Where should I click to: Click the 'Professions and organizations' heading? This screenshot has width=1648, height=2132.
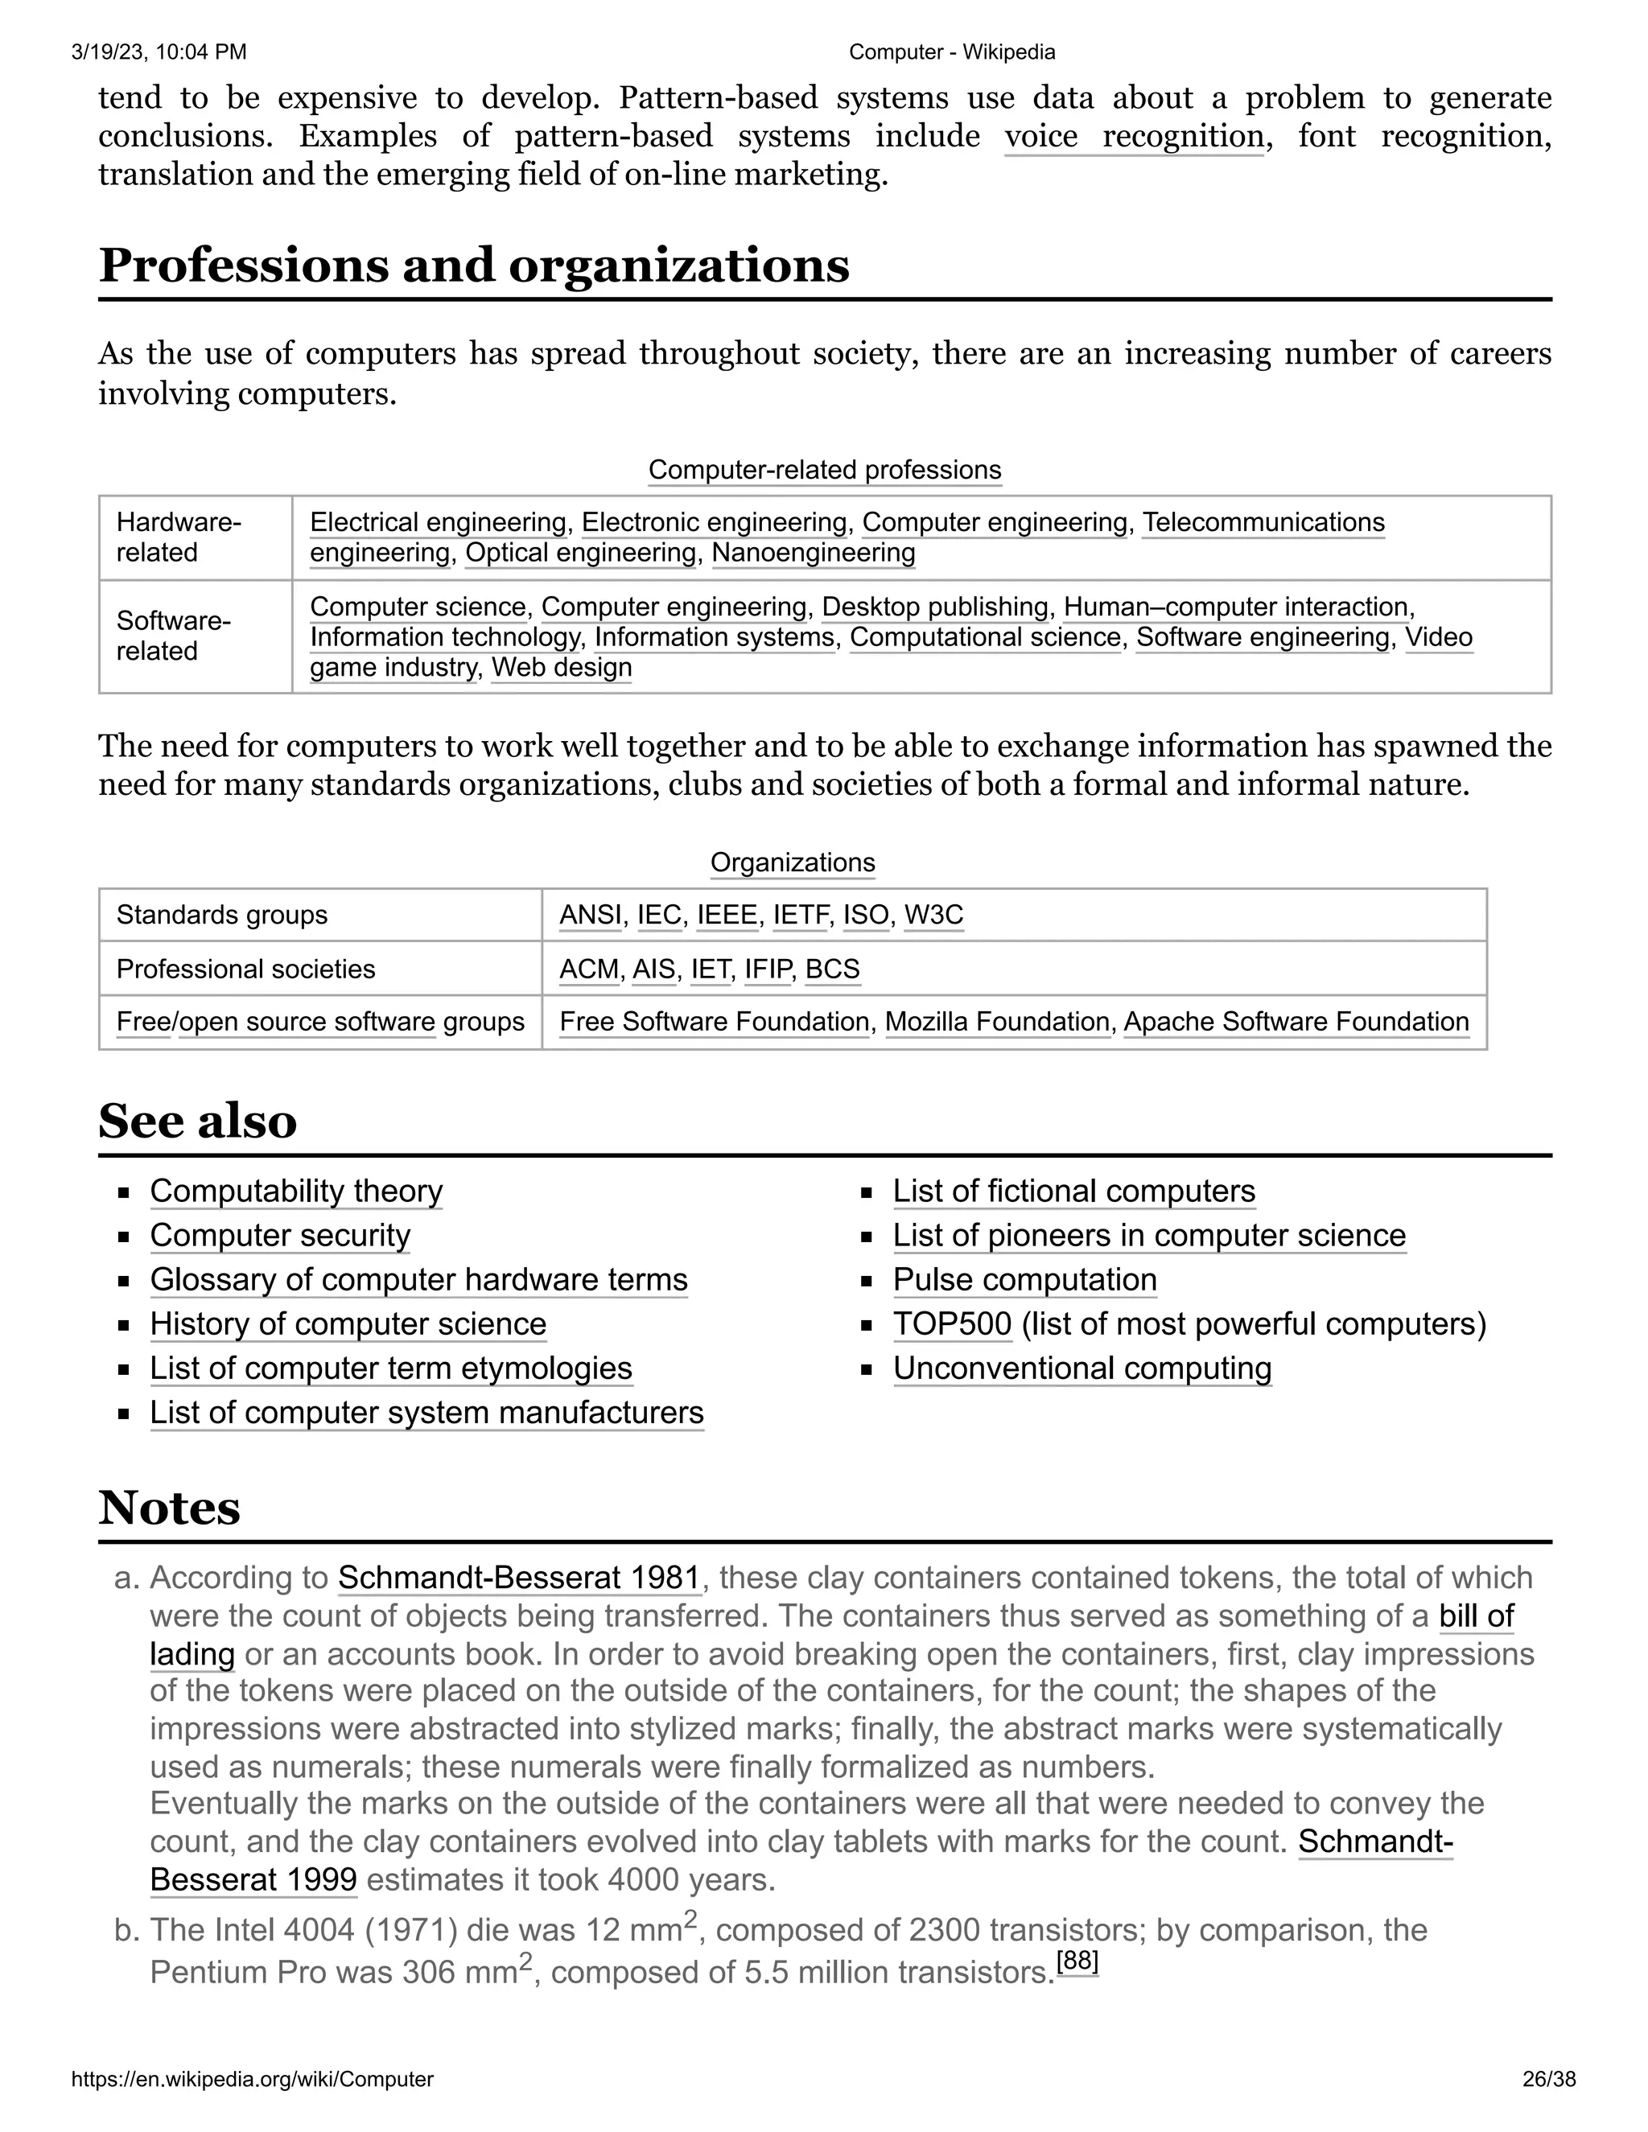click(473, 265)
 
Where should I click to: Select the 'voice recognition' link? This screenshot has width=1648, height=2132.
click(1134, 136)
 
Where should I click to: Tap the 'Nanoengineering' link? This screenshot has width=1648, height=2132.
click(814, 553)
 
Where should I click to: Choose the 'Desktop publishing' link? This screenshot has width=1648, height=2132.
click(935, 607)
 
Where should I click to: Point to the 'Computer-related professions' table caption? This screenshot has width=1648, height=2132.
click(824, 470)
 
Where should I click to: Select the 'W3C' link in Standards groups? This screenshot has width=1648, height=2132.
click(933, 915)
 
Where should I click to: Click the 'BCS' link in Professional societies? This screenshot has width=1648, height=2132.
click(832, 969)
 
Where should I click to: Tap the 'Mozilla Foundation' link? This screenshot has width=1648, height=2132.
click(998, 1021)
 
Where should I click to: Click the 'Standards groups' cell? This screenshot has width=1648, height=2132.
click(221, 915)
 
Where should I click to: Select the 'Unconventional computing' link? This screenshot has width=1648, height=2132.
click(1081, 1368)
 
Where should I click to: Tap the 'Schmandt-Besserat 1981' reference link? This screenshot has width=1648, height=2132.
click(519, 1578)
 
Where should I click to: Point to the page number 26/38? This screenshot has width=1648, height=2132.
click(1548, 2078)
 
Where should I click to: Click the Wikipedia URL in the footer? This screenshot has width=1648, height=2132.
click(252, 2078)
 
